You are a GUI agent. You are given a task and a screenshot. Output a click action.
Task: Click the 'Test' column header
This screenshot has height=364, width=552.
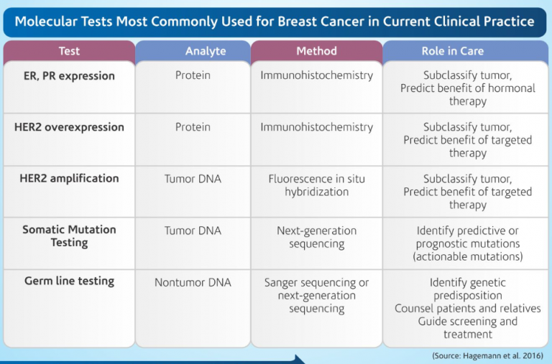69,51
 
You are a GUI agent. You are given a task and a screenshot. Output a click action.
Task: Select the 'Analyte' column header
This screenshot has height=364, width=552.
193,51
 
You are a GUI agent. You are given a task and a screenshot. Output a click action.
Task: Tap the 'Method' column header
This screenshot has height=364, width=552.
316,51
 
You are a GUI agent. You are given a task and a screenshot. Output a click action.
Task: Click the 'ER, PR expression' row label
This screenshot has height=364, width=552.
69,75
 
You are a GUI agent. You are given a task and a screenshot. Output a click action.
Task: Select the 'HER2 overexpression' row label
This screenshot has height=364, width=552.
69,127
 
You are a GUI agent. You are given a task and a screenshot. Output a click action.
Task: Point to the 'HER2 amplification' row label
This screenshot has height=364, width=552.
69,179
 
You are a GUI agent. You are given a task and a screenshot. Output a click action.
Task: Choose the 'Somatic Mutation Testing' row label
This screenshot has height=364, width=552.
69,236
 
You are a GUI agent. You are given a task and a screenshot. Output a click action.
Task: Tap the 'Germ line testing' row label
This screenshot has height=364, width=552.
69,281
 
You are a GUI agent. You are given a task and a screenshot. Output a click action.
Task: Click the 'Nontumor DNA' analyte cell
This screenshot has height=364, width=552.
193,283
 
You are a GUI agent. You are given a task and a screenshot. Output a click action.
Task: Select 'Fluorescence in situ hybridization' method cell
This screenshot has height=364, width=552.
316,185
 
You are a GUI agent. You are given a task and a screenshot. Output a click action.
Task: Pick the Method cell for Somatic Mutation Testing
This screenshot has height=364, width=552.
316,237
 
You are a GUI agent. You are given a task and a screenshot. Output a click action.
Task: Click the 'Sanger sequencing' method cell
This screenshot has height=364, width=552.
316,295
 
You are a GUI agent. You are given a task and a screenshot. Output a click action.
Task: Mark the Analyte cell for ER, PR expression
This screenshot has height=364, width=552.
193,75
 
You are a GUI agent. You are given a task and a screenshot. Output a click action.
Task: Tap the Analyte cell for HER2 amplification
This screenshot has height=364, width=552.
193,179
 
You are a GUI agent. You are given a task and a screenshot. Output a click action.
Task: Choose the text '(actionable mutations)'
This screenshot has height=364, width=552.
468,256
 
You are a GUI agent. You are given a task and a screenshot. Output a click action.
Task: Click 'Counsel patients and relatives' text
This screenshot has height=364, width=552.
468,309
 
